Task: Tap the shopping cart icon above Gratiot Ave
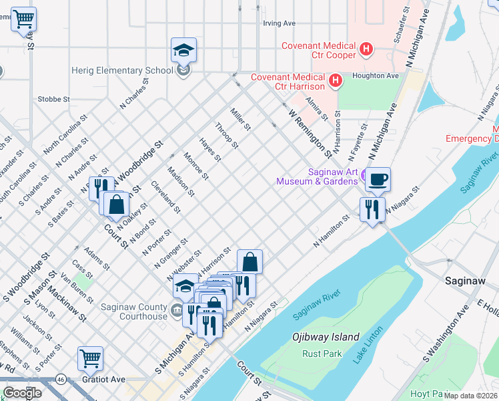pos(90,358)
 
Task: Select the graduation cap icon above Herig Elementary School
pos(183,50)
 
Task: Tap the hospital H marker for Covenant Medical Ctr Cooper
pos(366,49)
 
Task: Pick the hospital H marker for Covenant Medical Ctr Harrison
pos(336,82)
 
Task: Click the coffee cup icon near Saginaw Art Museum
pos(378,179)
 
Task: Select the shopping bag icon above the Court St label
pos(116,205)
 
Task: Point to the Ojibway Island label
pos(326,338)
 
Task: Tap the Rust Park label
pos(322,354)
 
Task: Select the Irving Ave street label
pos(279,23)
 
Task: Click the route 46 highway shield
pos(60,379)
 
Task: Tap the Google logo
pos(21,392)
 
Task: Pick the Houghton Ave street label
pos(376,76)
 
